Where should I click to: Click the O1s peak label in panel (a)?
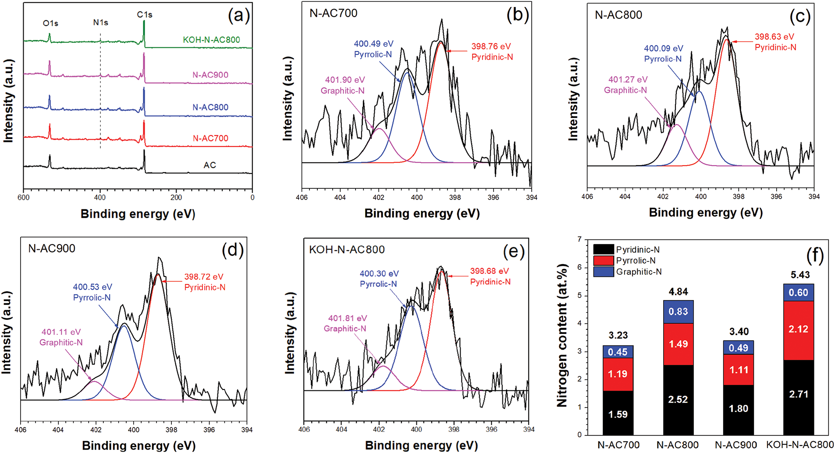click(50, 23)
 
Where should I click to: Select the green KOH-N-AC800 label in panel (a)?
click(211, 40)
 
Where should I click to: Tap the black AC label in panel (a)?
click(210, 165)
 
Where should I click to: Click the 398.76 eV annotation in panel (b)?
click(491, 46)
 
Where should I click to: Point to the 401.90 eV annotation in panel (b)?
click(345, 80)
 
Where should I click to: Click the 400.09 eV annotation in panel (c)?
click(663, 49)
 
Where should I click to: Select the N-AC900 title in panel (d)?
click(52, 248)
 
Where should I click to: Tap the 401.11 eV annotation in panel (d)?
click(61, 332)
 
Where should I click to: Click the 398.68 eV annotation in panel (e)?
click(490, 271)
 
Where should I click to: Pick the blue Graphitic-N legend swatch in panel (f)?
click(603, 272)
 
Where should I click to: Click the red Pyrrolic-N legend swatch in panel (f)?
click(603, 261)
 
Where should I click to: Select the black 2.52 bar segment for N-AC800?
click(678, 400)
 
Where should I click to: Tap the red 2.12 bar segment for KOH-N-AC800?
click(798, 329)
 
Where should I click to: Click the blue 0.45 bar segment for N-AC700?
click(618, 352)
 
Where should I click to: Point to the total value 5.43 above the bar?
click(800, 275)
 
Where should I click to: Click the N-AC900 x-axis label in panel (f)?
click(736, 445)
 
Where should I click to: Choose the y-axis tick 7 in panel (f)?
click(579, 240)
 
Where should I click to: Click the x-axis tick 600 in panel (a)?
click(24, 198)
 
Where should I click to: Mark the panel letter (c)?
click(800, 17)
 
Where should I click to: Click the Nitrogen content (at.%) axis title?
click(562, 335)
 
